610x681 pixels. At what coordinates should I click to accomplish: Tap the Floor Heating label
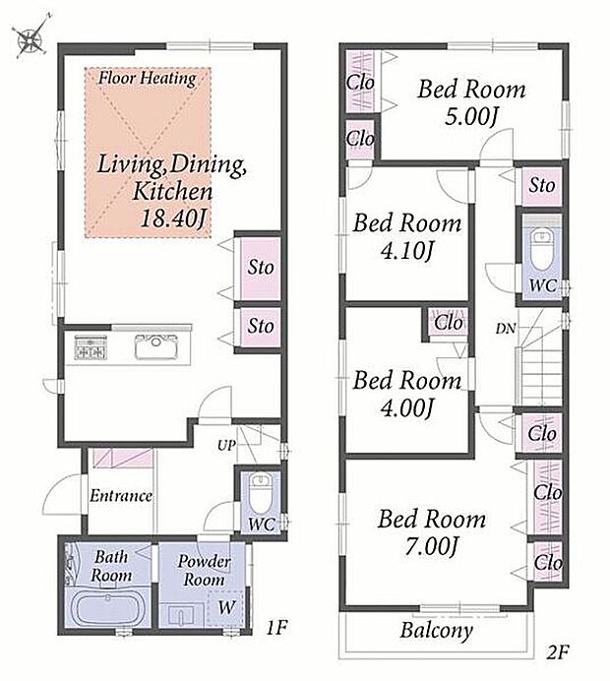(148, 78)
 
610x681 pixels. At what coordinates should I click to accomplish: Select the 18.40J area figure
(172, 218)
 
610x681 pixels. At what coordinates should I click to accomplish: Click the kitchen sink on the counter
(155, 347)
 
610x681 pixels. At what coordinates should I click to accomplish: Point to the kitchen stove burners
(91, 347)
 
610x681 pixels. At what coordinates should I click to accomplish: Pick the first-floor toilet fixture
(261, 492)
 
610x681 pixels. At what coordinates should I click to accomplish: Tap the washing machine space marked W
(226, 607)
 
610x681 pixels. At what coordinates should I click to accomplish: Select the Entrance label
(121, 496)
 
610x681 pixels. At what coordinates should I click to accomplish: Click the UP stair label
(226, 445)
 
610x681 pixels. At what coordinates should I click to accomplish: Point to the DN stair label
(506, 329)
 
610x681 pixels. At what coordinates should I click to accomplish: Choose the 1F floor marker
(276, 627)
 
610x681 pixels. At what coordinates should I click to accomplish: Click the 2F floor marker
(558, 652)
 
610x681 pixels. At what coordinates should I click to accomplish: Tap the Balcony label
(436, 631)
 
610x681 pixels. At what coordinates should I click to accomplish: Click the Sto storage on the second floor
(542, 185)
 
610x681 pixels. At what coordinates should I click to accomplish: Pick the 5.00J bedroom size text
(471, 116)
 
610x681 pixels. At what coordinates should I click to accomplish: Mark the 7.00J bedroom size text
(431, 546)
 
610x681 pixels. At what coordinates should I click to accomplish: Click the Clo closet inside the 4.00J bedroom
(448, 322)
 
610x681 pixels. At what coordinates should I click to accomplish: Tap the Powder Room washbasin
(182, 614)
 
